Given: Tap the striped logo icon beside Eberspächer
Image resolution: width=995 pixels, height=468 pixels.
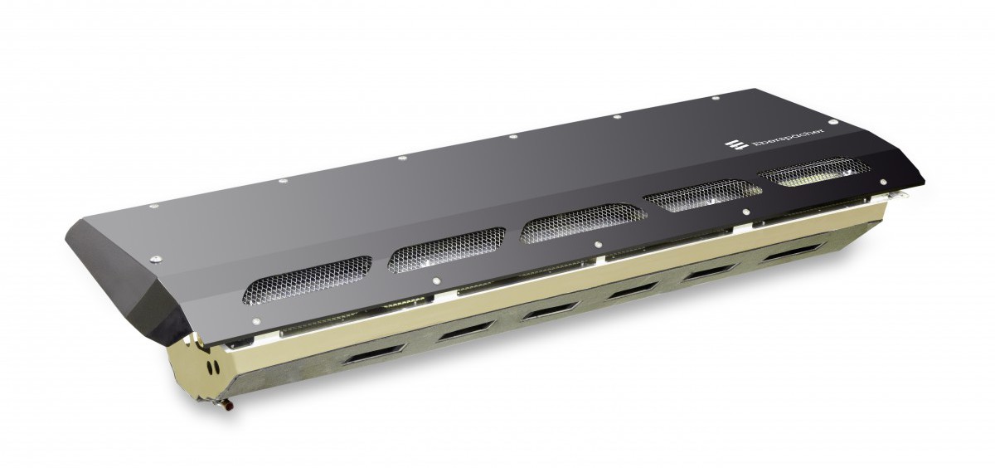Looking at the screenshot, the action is click(736, 145).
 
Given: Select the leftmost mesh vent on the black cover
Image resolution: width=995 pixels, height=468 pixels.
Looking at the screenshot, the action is click(307, 280).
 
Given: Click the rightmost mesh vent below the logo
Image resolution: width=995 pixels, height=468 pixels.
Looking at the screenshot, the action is click(813, 173).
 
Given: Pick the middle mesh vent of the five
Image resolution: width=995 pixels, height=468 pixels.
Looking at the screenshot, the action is click(583, 223).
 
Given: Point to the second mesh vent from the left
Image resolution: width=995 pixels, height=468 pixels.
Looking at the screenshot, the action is click(446, 251).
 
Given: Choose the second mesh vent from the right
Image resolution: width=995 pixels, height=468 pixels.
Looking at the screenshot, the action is click(703, 196).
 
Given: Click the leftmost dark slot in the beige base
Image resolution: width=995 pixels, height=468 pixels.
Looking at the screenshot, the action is click(376, 353).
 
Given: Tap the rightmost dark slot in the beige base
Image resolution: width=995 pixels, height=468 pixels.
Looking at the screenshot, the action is click(794, 251).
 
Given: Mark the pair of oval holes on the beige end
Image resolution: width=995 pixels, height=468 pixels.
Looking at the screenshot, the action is click(214, 367).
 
